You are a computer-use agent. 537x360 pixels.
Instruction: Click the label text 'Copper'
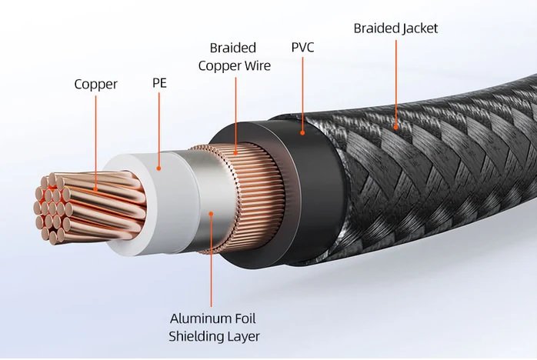coord(95,84)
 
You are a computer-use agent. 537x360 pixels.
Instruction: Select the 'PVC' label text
coord(302,47)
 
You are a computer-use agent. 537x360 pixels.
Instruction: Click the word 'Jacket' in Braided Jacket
coord(416,28)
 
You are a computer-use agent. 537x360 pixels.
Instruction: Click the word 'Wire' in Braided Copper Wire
coord(255,65)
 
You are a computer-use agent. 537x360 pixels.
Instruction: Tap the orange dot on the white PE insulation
coord(159,166)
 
